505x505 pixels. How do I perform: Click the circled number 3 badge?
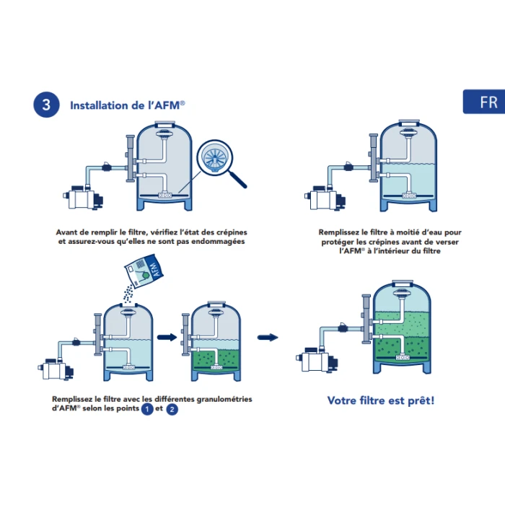pos(46,105)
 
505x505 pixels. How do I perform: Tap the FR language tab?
pos(484,102)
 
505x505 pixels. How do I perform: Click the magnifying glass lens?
pos(215,158)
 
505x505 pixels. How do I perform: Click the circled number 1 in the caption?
pos(147,409)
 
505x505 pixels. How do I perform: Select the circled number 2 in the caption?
pos(172,409)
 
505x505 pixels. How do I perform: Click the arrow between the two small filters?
pos(167,337)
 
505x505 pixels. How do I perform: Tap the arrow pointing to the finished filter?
pos(268,337)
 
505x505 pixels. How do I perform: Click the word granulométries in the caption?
pos(224,400)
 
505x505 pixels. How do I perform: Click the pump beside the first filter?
pos(83,198)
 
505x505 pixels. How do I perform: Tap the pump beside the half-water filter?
pos(325,198)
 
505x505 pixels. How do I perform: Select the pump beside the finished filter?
pos(317,359)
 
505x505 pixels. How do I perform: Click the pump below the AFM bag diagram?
pos(56,369)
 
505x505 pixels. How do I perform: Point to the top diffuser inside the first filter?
pos(164,133)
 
